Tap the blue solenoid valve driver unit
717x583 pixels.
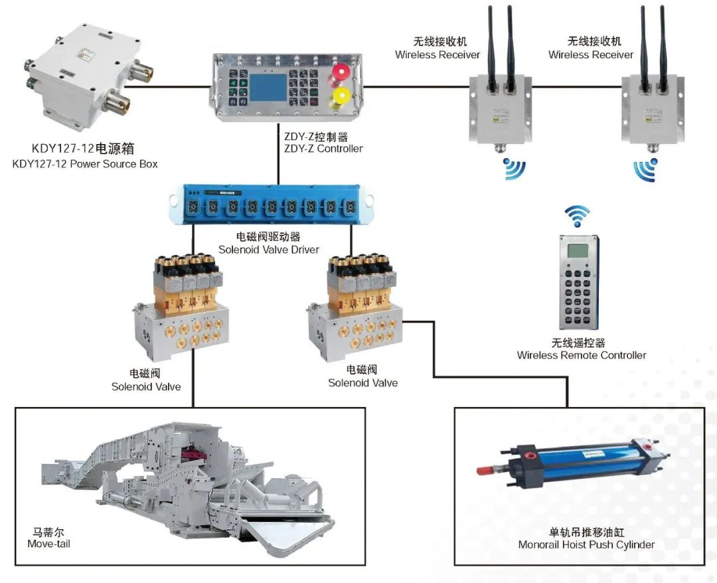pyautogui.click(x=272, y=206)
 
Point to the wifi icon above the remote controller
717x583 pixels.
pyautogui.click(x=576, y=216)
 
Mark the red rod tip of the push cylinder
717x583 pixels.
pyautogui.click(x=483, y=470)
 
